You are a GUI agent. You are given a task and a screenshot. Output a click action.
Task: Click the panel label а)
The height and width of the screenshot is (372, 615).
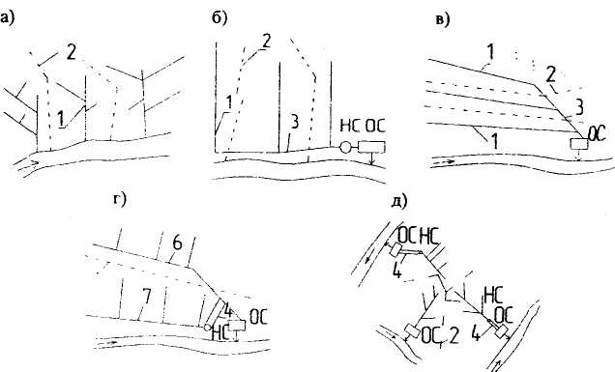pyautogui.click(x=7, y=17)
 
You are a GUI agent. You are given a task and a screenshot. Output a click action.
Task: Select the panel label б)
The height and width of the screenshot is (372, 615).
pyautogui.click(x=220, y=17)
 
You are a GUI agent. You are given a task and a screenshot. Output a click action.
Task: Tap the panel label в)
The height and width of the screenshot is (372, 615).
pyautogui.click(x=443, y=19)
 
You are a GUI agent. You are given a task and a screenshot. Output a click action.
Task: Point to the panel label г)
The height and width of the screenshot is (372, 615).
pyautogui.click(x=120, y=200)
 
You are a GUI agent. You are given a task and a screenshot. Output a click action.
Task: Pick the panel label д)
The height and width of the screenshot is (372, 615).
pyautogui.click(x=399, y=201)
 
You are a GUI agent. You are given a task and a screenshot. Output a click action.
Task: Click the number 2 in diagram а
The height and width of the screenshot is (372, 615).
pyautogui.click(x=71, y=52)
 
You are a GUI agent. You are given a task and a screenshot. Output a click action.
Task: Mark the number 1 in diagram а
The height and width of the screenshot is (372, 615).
pyautogui.click(x=61, y=119)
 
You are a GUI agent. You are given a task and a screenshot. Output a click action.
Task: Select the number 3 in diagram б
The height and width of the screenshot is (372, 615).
pyautogui.click(x=294, y=122)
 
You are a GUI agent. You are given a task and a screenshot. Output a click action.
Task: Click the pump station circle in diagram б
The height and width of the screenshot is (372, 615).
pyautogui.click(x=345, y=147)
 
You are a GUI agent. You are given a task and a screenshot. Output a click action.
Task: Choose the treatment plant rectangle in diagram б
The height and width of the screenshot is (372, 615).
pyautogui.click(x=371, y=147)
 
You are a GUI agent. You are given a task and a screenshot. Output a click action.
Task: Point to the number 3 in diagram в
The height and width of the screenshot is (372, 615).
pyautogui.click(x=578, y=107)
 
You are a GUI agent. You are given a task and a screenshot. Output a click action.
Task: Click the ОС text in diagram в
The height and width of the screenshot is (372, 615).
pyautogui.click(x=597, y=133)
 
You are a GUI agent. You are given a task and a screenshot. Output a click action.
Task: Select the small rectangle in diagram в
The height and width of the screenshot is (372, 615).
pyautogui.click(x=579, y=144)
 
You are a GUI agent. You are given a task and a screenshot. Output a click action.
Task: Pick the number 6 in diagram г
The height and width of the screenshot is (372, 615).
pyautogui.click(x=177, y=243)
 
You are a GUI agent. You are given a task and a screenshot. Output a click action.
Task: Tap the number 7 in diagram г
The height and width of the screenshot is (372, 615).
pyautogui.click(x=146, y=298)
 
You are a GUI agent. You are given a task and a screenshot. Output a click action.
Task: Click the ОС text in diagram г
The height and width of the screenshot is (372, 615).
pyautogui.click(x=258, y=317)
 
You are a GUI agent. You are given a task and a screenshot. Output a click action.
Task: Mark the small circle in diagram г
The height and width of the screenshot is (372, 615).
pyautogui.click(x=207, y=328)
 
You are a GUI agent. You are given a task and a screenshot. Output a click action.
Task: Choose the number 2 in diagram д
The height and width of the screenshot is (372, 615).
pyautogui.click(x=454, y=337)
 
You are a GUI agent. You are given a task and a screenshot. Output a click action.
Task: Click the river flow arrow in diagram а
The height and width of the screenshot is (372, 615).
pyautogui.click(x=27, y=163)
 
